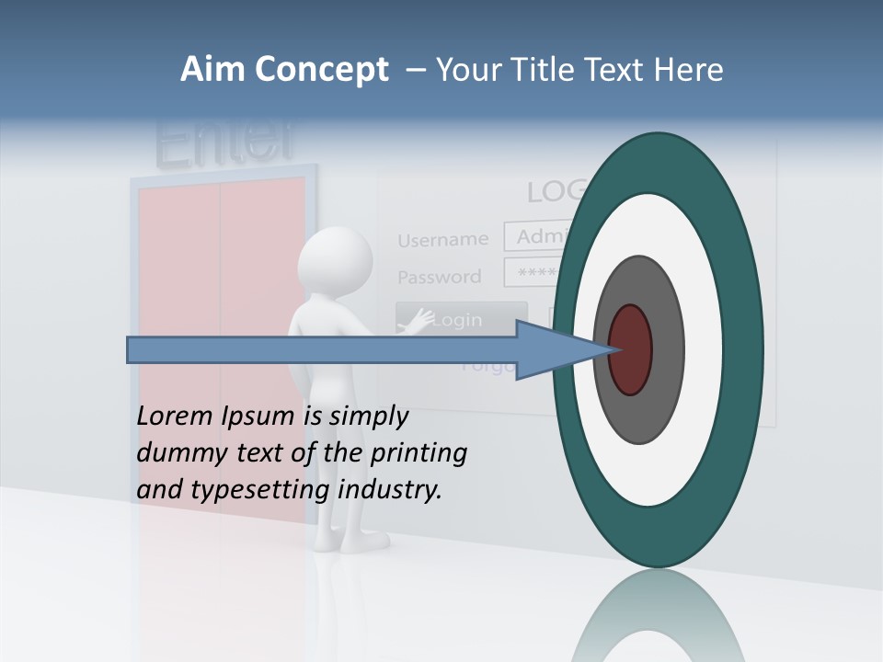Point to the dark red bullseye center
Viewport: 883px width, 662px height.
click(630, 350)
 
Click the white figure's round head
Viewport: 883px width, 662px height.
click(335, 262)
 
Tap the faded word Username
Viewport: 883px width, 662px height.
click(442, 240)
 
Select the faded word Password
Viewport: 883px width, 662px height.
click(439, 277)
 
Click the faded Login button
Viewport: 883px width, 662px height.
click(461, 320)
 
